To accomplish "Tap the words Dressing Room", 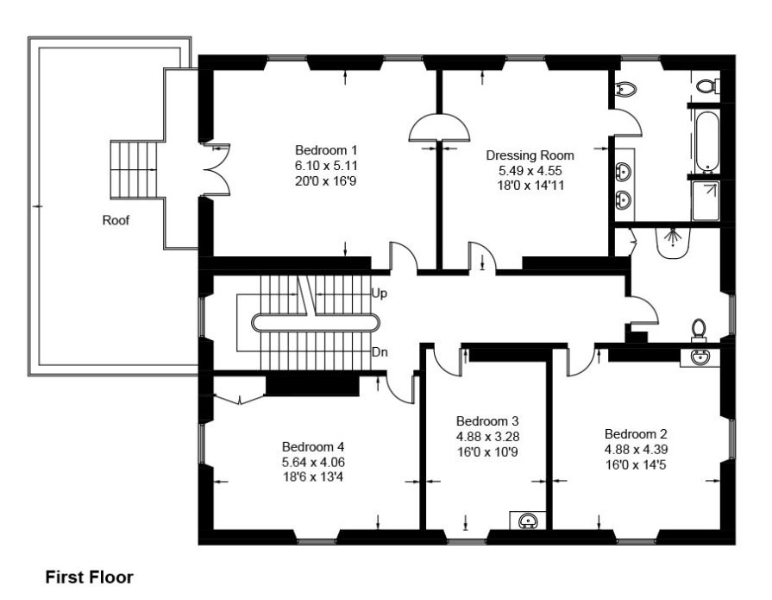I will coord(530,155).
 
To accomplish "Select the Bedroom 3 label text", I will coord(487,420).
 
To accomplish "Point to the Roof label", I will coord(116,220).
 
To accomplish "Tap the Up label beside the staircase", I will coord(379,294).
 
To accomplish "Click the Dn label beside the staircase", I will coord(379,352).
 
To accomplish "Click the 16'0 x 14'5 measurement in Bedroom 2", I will coord(636,464).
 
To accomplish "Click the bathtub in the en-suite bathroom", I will coord(706,140).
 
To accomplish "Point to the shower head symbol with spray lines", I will coord(673,243).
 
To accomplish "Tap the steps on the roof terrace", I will coord(135,169).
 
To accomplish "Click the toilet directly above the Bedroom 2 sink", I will coord(700,330).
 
